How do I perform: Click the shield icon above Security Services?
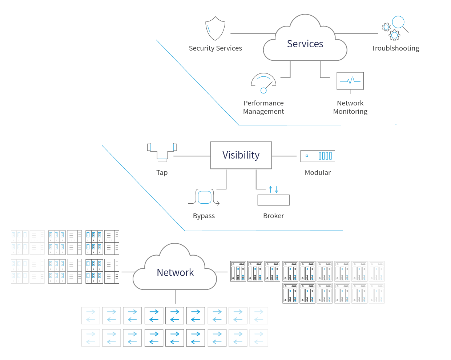215,28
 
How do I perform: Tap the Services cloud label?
305,44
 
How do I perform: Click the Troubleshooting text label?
395,48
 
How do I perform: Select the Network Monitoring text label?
350,107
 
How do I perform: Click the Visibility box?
241,155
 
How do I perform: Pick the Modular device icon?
318,156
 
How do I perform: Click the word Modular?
318,173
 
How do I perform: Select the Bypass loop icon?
204,197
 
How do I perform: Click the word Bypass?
204,216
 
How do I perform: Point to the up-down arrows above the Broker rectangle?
274,189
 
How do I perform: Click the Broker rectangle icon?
273,200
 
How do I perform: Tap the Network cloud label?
175,273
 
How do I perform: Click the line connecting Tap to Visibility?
192,156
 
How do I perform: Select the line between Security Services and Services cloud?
253,33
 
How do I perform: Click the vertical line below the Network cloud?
175,297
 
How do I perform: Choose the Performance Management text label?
263,107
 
